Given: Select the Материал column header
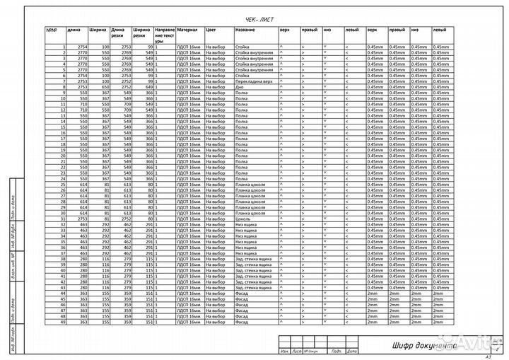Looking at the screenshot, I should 187,31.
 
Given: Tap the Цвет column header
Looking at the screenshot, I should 211,31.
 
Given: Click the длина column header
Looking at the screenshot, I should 74,31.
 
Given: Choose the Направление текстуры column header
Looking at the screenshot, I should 165,36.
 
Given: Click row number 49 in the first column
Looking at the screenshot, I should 62,323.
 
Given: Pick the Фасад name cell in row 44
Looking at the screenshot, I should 241,294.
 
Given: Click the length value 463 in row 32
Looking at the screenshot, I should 83,226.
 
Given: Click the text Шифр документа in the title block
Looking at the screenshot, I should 425,346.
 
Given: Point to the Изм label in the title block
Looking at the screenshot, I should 283,352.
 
